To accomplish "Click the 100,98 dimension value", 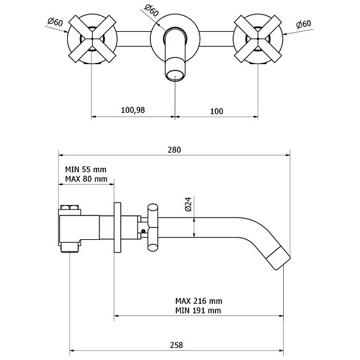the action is point(133,110).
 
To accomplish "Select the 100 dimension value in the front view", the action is point(217,111).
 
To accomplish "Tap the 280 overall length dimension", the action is point(175,149).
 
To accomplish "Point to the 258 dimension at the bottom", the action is point(176,345).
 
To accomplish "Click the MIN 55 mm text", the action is point(86,170).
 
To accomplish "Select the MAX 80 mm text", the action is point(86,179).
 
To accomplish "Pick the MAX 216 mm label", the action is point(199,301).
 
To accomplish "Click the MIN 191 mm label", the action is point(198,311).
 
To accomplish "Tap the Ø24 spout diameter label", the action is point(188,204).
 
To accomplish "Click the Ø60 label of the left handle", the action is point(55,22).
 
